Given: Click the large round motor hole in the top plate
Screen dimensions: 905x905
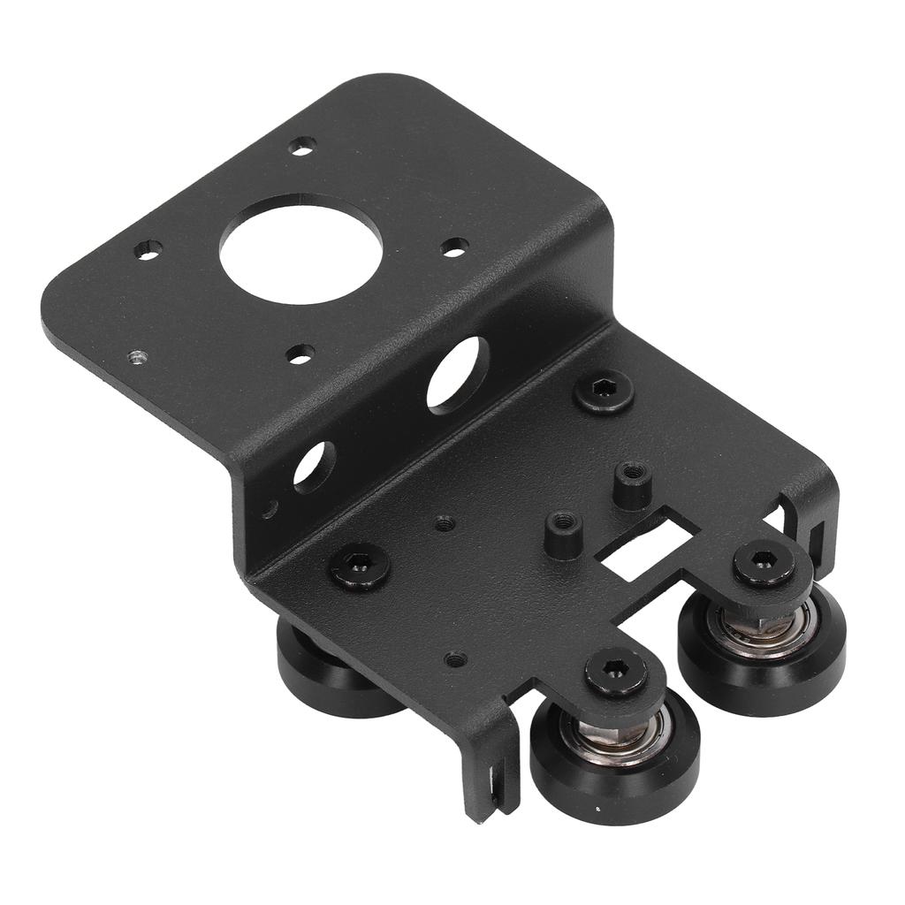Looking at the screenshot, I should [300, 248].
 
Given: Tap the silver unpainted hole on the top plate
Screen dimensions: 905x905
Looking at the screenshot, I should [137, 357].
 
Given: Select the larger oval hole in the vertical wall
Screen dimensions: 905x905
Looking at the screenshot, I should [458, 375].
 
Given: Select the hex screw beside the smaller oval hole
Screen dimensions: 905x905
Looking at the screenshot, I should [360, 565].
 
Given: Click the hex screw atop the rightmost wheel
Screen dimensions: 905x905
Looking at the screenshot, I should [763, 562].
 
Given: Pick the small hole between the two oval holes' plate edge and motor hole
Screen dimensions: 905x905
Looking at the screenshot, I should [300, 354].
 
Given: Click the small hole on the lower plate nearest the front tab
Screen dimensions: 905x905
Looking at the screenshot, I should [455, 658].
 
